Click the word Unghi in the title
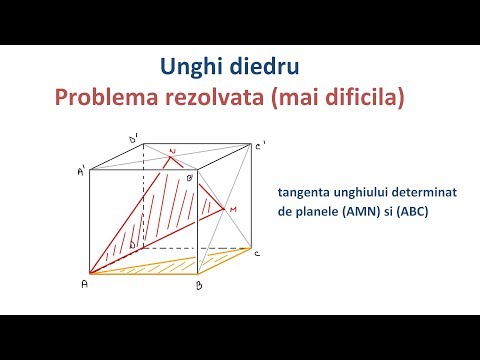(190, 68)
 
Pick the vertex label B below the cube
(199, 286)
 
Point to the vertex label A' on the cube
(80, 172)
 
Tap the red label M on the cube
(233, 209)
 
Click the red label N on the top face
(173, 152)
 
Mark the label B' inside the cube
(190, 178)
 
